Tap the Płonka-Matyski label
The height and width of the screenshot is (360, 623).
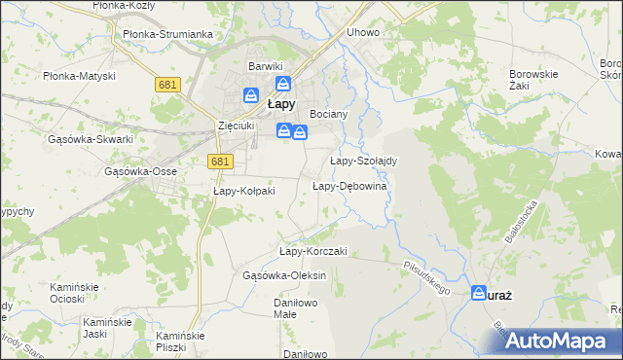coord(79,76)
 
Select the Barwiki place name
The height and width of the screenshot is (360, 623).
coord(264,65)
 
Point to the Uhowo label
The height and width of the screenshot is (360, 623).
coord(363,32)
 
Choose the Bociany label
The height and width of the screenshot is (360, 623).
coord(328,114)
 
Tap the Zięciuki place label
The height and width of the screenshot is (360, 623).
coord(237,126)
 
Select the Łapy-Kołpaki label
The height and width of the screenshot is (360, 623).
coord(244,191)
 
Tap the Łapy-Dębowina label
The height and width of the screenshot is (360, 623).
coord(350,186)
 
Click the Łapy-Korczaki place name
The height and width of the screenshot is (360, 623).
coord(313,251)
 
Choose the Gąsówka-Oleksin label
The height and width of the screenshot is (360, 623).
coord(284,275)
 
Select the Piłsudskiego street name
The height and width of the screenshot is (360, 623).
coord(426,276)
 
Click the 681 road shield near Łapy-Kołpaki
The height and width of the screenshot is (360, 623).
coord(220,162)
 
